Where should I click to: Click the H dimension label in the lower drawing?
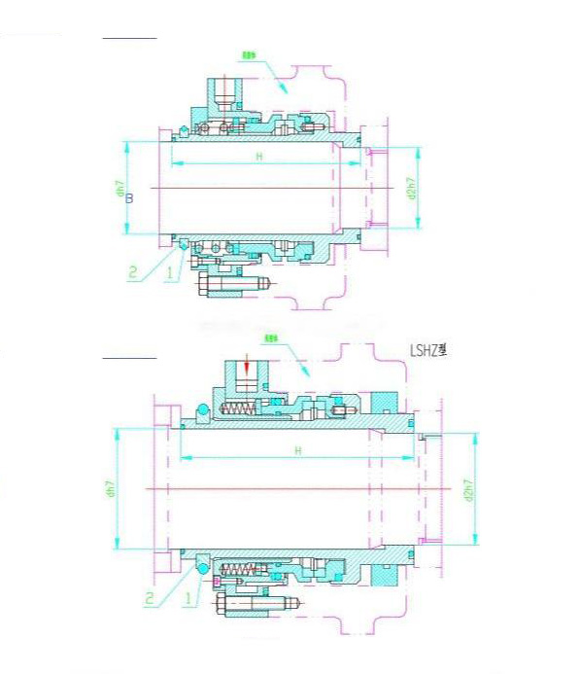[298, 450]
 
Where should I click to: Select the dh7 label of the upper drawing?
[117, 188]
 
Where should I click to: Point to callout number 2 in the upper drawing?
[134, 273]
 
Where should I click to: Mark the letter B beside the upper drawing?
[130, 199]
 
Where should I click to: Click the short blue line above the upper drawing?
[129, 38]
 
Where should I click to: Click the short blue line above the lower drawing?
[129, 358]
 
